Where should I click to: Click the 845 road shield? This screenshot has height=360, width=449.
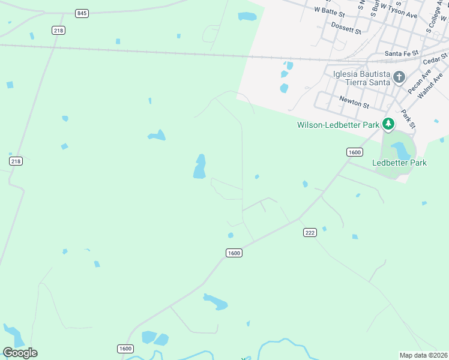coord(82,13)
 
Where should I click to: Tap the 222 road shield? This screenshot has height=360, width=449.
coord(310,233)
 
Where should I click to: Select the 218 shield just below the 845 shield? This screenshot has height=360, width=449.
coord(58,30)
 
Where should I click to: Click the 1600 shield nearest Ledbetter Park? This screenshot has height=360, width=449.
coord(354,152)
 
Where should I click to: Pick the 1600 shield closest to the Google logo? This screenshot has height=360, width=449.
coord(125,349)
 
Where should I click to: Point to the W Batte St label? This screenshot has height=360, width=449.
coord(330,10)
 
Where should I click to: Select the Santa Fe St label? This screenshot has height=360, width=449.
coord(401,53)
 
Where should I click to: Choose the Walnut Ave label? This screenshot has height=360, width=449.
coord(430,85)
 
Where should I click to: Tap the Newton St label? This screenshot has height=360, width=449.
coord(354,103)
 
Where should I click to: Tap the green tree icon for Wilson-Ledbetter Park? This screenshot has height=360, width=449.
coord(388,124)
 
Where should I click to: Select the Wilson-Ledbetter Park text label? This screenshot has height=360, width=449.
coord(338,125)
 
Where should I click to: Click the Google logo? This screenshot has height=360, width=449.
coord(20,353)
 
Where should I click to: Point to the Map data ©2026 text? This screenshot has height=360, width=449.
coord(423,355)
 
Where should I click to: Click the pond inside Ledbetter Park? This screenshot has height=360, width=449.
coord(399,150)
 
